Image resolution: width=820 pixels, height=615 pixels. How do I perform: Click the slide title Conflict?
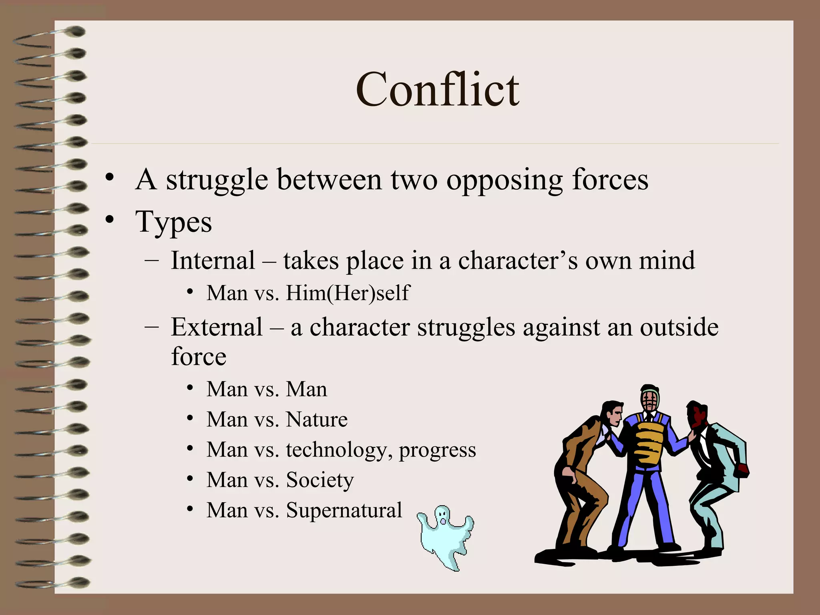tap(437, 90)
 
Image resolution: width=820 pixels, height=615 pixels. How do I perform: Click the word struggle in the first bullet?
tap(217, 180)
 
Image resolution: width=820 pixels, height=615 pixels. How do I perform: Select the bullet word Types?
tap(173, 223)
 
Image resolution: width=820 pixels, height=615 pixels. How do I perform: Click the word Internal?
tap(213, 261)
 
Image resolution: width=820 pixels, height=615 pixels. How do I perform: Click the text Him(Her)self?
tap(348, 293)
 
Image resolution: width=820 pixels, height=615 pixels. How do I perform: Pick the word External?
tap(217, 327)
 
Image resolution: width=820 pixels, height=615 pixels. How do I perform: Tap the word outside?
tap(679, 327)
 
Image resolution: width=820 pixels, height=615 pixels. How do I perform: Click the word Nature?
tap(316, 420)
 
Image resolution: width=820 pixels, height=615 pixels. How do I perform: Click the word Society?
tap(320, 480)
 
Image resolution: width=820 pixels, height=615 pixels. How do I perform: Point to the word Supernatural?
tap(344, 510)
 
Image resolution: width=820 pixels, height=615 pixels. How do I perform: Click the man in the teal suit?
tap(717, 472)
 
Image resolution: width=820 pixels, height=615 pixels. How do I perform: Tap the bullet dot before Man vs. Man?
tap(190, 388)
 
